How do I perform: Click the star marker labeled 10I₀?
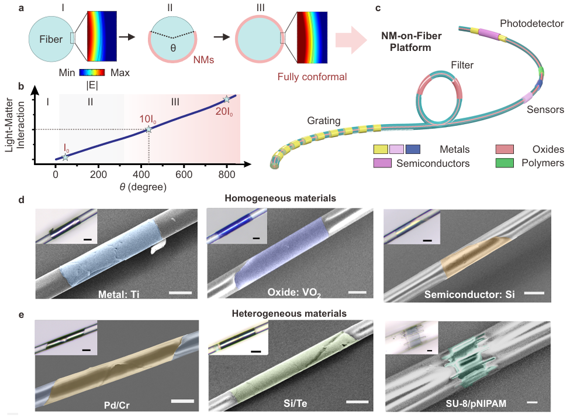(x=149, y=129)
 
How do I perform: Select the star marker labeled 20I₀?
(x=227, y=100)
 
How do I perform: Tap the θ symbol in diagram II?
(x=173, y=47)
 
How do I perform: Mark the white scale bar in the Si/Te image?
(x=357, y=402)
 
